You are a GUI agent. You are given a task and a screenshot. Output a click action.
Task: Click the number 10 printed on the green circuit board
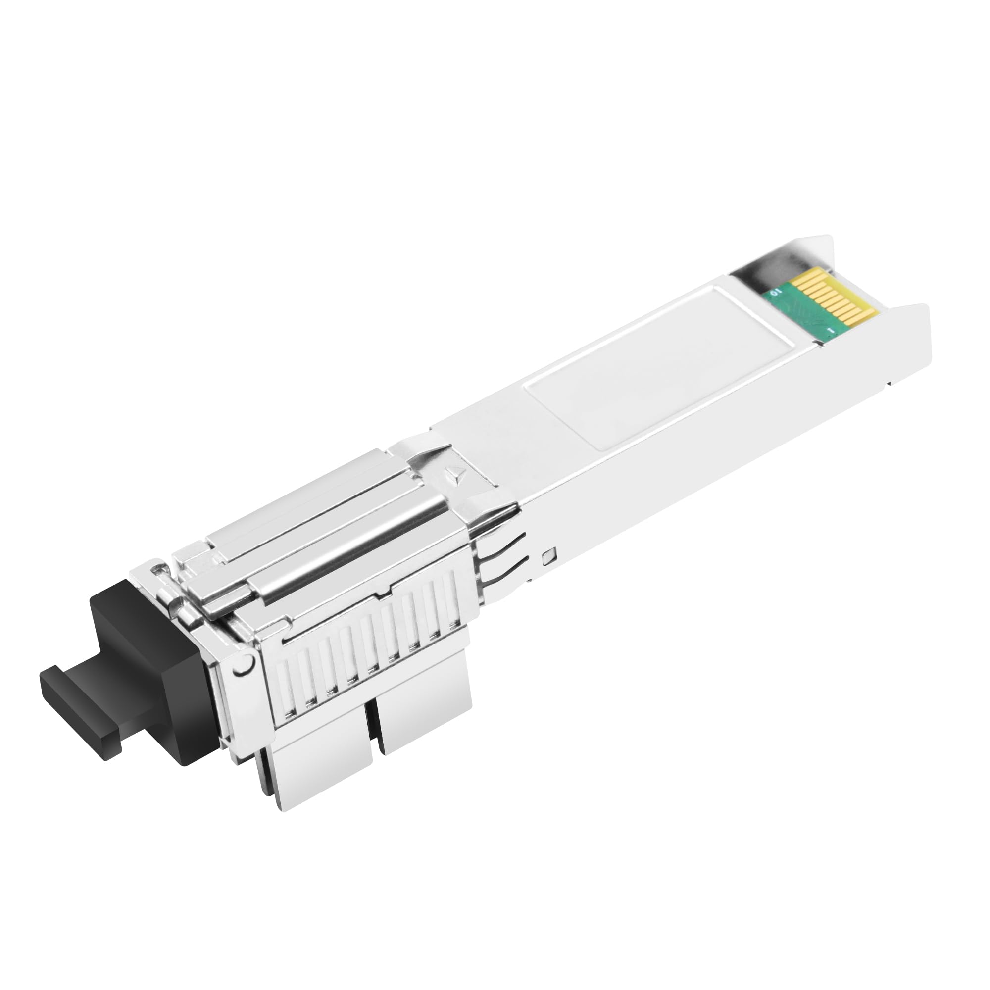[x=775, y=292]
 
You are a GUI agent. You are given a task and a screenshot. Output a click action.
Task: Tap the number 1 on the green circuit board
[x=831, y=331]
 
